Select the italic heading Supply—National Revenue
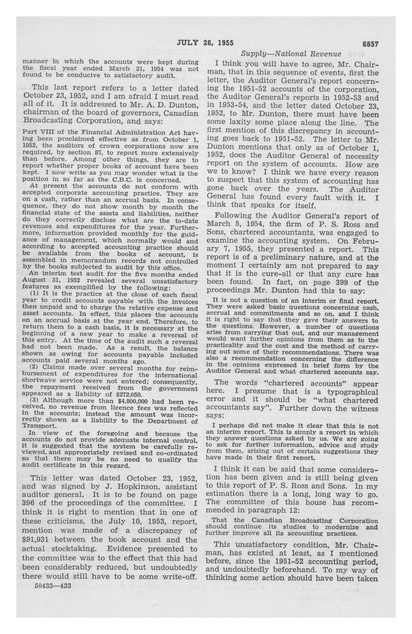tap(291, 54)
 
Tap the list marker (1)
tap(34, 294)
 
